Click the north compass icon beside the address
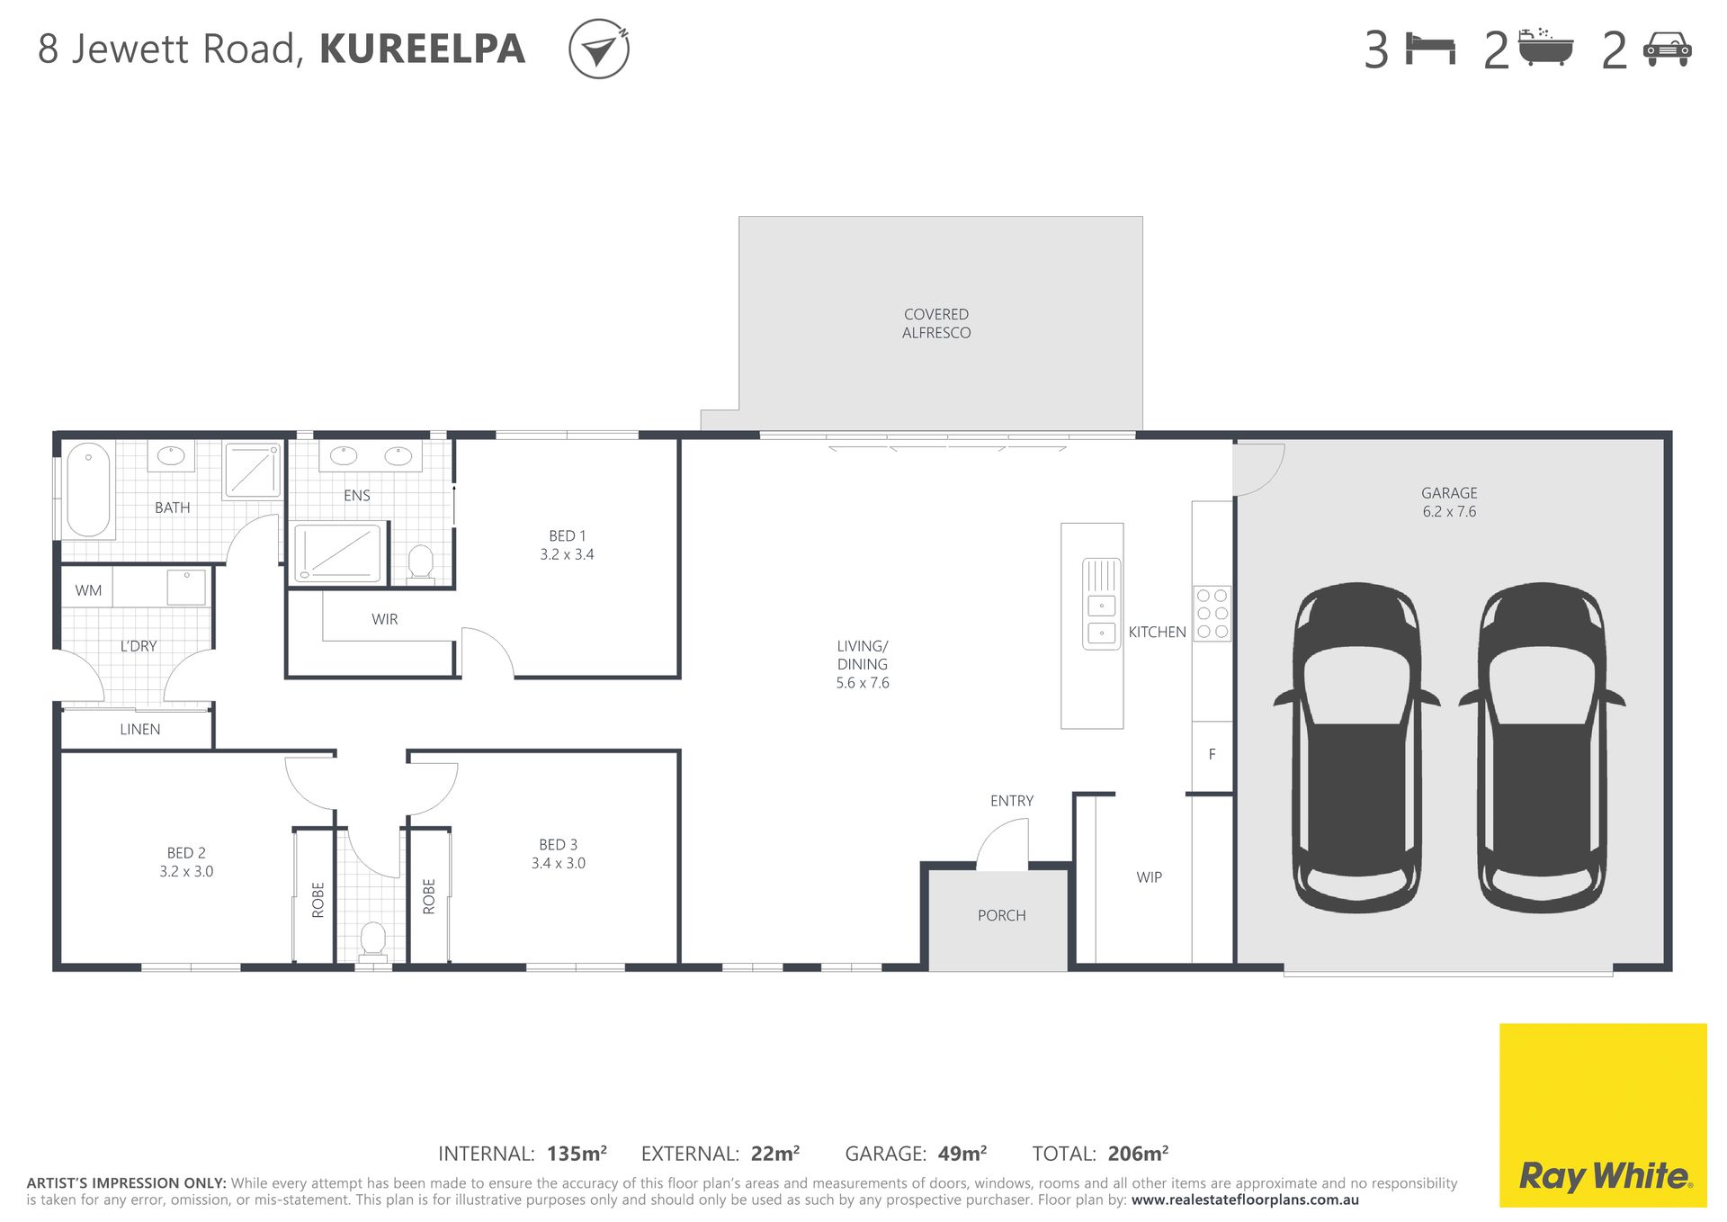(598, 49)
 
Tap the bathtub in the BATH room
(88, 490)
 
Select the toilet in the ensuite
(420, 563)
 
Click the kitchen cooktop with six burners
(1212, 614)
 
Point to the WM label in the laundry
(88, 590)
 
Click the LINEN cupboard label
(140, 729)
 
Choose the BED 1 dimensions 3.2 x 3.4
(567, 554)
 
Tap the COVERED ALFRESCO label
(936, 323)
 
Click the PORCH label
(1001, 915)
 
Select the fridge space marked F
(1212, 755)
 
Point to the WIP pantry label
(1149, 877)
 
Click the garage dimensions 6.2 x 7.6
(1449, 511)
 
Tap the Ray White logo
(1603, 1115)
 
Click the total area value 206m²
(1138, 1154)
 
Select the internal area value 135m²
(577, 1154)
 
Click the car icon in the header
(1667, 49)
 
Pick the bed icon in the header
(1430, 49)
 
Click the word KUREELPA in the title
(423, 49)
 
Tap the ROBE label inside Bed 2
(318, 900)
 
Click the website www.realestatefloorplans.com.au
(1245, 1200)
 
